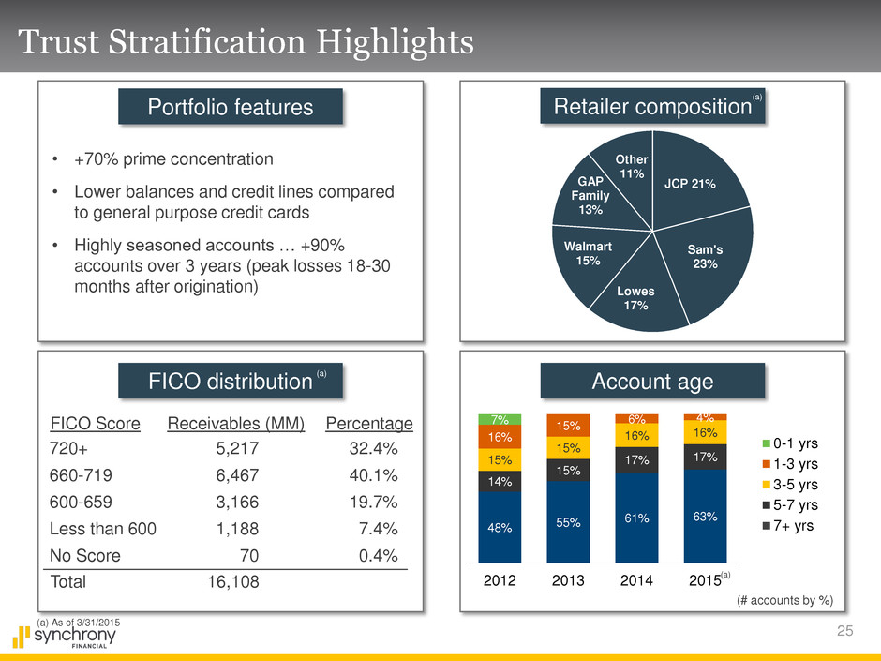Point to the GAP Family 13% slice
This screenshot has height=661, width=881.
click(590, 195)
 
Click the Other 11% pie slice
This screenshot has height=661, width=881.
click(629, 167)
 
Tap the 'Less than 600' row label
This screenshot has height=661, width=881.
click(102, 528)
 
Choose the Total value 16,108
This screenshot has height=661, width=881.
click(231, 581)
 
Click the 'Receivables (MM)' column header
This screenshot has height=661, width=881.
click(235, 423)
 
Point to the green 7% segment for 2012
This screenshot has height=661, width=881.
click(500, 418)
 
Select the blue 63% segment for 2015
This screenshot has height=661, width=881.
click(706, 516)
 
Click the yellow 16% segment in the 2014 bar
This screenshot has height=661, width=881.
click(637, 435)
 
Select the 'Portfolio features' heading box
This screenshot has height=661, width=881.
click(231, 107)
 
